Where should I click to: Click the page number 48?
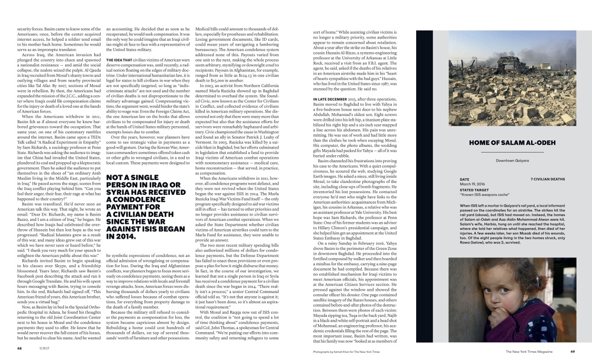[20, 349]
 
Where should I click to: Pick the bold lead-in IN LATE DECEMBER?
[330, 98]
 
